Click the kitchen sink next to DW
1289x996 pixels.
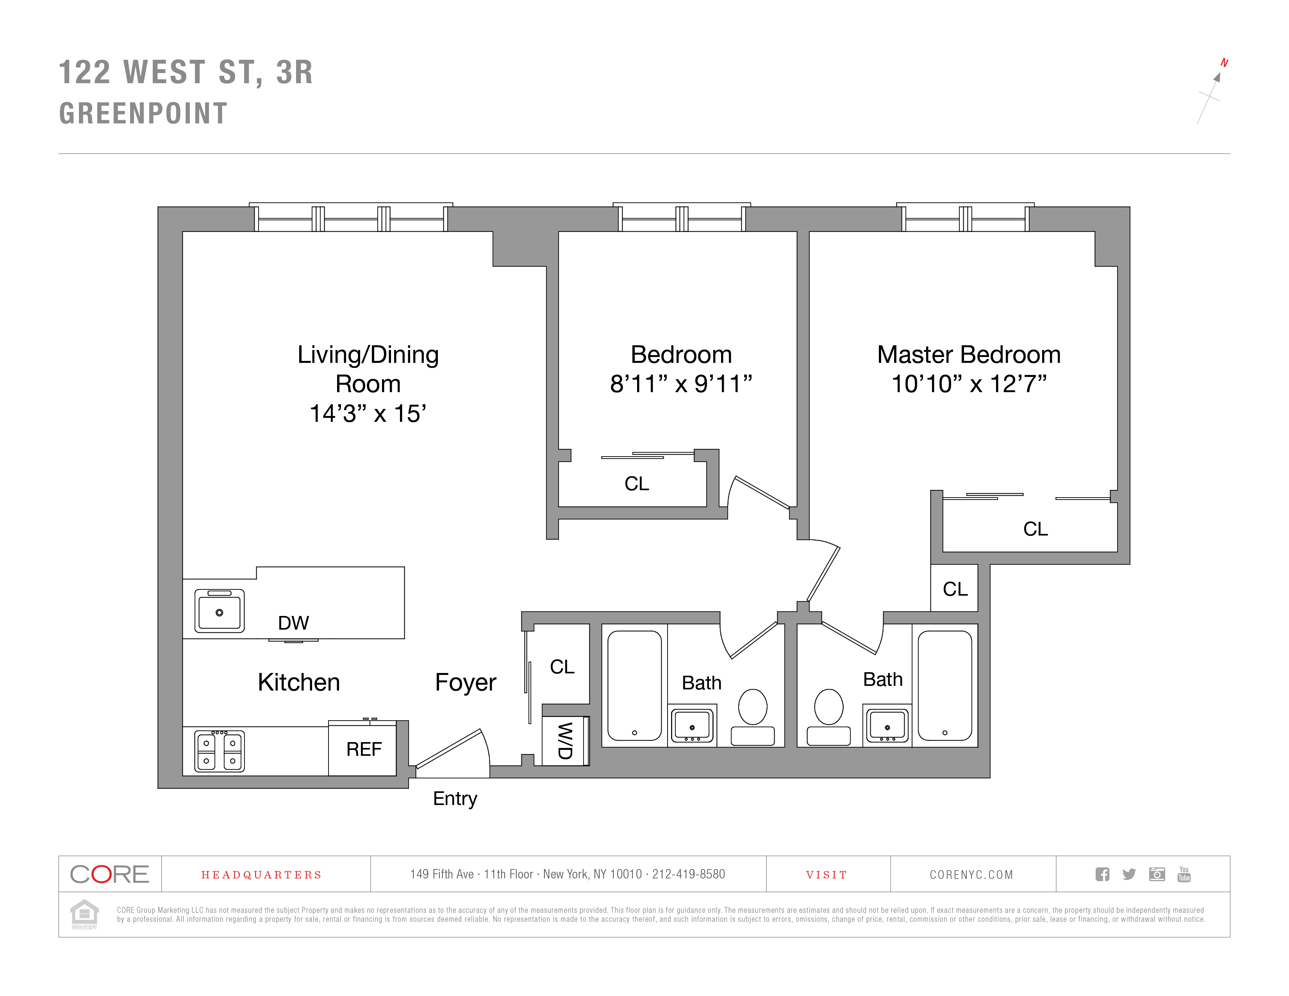(x=220, y=611)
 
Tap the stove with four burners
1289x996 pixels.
(x=220, y=751)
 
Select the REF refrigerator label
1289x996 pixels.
(x=364, y=750)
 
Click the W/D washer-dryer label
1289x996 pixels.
(x=565, y=741)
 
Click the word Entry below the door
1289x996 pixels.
(x=455, y=799)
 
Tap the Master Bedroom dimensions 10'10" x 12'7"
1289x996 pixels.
(x=969, y=384)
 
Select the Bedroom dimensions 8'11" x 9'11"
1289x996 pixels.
(x=681, y=384)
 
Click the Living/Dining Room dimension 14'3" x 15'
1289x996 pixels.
(x=368, y=414)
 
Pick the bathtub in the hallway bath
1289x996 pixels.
(x=634, y=685)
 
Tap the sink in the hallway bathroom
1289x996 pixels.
(x=692, y=726)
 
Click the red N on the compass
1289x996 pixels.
(x=1224, y=62)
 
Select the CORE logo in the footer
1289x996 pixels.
(x=110, y=874)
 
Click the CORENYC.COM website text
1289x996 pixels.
(x=971, y=875)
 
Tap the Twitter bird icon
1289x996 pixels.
(x=1129, y=874)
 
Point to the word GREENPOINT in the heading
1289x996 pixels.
(x=143, y=113)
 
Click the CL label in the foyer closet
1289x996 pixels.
(x=562, y=667)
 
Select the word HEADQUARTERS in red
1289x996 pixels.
(x=261, y=875)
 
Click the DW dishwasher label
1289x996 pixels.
(x=293, y=623)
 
